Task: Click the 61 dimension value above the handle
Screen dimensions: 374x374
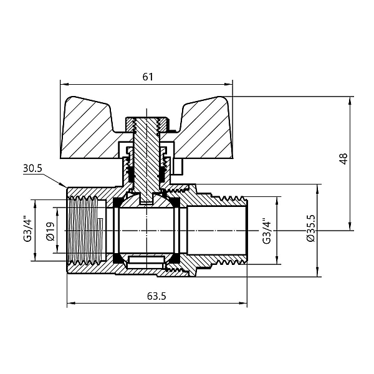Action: pos(148,77)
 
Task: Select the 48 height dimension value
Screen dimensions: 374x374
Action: pos(342,159)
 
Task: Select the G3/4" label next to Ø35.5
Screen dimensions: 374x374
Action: pos(266,231)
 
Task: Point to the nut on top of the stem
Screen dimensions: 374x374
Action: pos(147,121)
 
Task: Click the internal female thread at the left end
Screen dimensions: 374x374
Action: pos(81,231)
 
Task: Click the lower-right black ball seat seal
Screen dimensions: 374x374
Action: pos(177,257)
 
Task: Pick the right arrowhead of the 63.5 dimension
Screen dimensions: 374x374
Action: pos(246,304)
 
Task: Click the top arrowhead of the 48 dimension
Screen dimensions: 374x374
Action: pos(350,98)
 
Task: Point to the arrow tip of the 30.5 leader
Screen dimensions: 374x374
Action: pos(65,186)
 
